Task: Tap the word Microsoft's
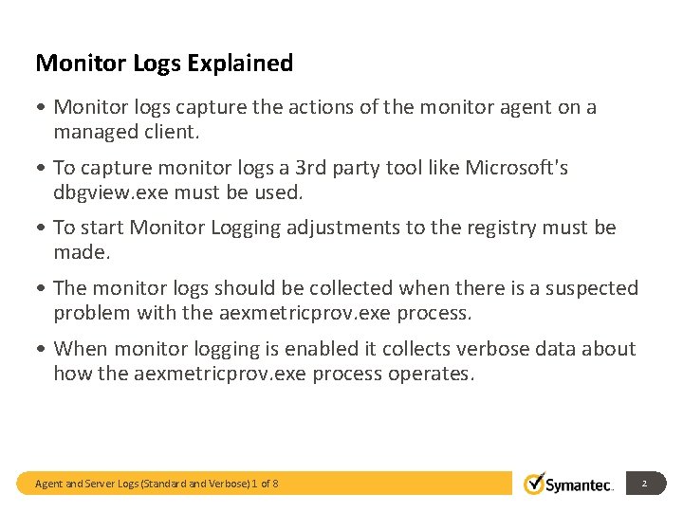pos(514,168)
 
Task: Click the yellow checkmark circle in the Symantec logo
pos(535,483)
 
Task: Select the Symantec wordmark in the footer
pos(581,485)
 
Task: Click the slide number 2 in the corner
pos(644,484)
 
